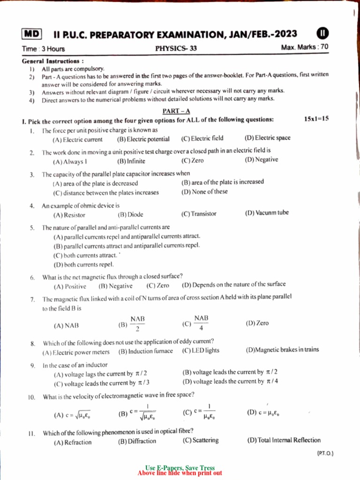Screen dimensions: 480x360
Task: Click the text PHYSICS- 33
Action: click(176, 48)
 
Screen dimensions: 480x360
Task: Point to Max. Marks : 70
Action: click(305, 47)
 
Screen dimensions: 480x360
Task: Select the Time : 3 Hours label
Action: click(43, 49)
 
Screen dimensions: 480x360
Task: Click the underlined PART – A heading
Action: click(176, 111)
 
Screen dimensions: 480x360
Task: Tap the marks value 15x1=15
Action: click(316, 119)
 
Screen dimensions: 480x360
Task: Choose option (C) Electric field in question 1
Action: click(202, 138)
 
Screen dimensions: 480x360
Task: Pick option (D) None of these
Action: click(204, 191)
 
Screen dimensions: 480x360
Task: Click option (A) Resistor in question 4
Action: click(69, 215)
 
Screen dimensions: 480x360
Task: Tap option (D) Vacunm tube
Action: click(267, 213)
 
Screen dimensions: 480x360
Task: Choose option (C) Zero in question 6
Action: click(158, 285)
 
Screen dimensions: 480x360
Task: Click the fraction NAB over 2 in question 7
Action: click(137, 323)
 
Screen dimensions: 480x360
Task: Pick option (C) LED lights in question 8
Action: click(201, 350)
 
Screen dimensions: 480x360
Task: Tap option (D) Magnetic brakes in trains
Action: click(282, 350)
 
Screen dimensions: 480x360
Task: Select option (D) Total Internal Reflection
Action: click(284, 440)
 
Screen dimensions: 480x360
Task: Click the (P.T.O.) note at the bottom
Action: click(325, 453)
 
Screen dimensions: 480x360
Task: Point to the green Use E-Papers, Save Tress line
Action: click(180, 468)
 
